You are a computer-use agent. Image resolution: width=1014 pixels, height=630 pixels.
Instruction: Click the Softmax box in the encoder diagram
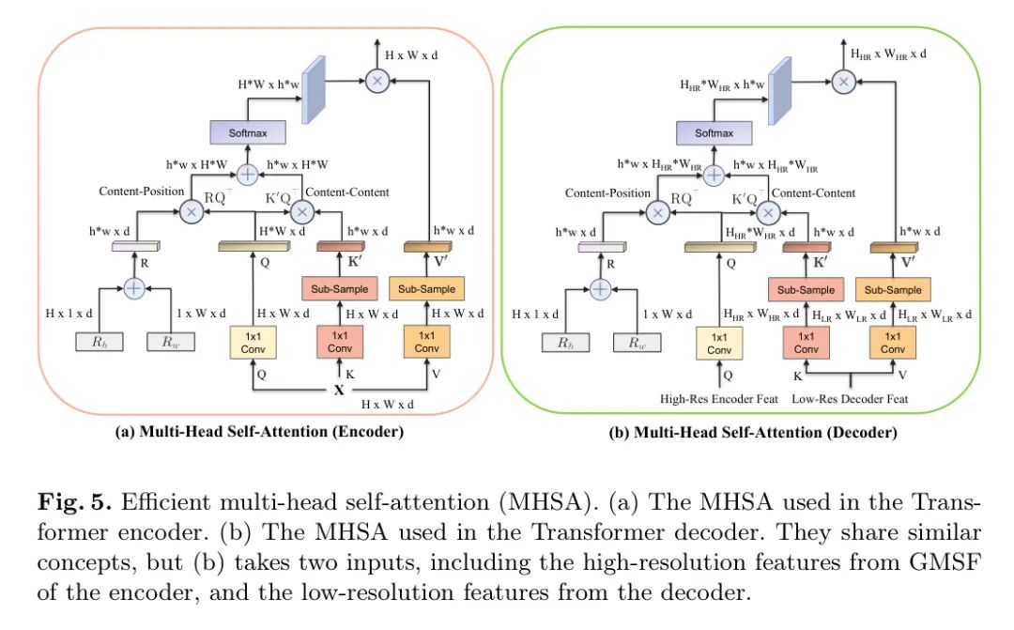tap(248, 132)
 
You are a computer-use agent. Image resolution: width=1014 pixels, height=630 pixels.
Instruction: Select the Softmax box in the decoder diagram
tap(714, 132)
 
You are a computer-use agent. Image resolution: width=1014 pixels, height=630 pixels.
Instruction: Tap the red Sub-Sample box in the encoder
tap(340, 288)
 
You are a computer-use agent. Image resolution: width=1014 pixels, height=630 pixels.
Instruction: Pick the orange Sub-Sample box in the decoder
tap(893, 289)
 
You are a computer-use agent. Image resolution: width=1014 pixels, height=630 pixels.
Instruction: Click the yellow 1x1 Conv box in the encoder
tap(253, 342)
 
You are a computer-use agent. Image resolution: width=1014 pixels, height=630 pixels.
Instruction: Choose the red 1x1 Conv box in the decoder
tap(806, 343)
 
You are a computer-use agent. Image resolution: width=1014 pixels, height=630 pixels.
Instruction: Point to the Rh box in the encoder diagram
tap(99, 342)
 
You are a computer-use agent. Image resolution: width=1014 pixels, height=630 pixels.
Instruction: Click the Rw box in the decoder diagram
tap(637, 342)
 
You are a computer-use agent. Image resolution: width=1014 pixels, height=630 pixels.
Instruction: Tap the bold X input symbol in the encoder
tap(339, 390)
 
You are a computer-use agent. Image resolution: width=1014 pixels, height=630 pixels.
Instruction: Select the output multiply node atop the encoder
tap(377, 81)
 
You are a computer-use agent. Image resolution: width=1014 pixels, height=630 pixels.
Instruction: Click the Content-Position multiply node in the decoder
tap(657, 212)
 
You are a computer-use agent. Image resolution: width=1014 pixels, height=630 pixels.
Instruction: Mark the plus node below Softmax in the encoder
tap(248, 174)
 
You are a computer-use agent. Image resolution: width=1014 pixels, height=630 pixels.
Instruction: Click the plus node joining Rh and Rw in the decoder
tap(600, 288)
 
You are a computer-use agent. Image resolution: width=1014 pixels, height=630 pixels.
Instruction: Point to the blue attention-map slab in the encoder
tap(314, 90)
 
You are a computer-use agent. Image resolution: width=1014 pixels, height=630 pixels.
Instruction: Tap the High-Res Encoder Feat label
tap(719, 399)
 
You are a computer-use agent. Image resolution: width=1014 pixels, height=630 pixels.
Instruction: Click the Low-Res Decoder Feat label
tap(850, 399)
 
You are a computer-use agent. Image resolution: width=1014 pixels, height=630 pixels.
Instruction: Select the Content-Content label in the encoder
tap(347, 192)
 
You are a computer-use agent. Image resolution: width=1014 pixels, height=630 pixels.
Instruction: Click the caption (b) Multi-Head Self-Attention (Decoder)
tap(753, 432)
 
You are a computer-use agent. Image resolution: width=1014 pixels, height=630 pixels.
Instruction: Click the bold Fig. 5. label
tap(74, 502)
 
